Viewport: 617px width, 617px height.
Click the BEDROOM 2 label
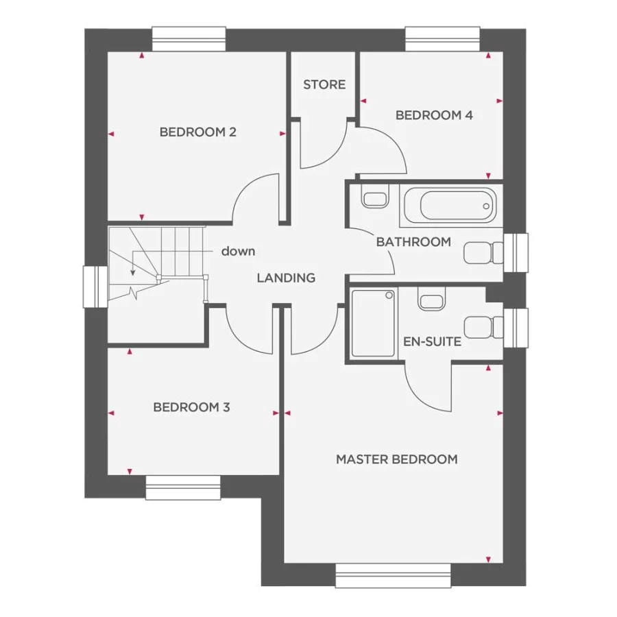click(197, 132)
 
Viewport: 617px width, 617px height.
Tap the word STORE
click(324, 85)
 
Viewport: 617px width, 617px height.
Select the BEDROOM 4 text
click(434, 115)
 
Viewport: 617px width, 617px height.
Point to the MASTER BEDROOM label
click(396, 459)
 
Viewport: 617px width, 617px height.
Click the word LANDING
click(286, 278)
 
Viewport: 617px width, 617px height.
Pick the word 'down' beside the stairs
click(238, 251)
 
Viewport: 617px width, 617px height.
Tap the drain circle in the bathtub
click(486, 205)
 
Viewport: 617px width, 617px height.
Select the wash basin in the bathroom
click(374, 199)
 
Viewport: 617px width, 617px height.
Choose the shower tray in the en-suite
click(374, 323)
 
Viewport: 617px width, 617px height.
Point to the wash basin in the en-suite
click(430, 300)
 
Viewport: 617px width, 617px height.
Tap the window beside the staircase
click(93, 287)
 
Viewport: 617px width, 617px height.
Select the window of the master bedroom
click(393, 576)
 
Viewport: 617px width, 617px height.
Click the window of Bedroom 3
click(182, 487)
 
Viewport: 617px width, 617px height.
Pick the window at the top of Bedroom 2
click(189, 38)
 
